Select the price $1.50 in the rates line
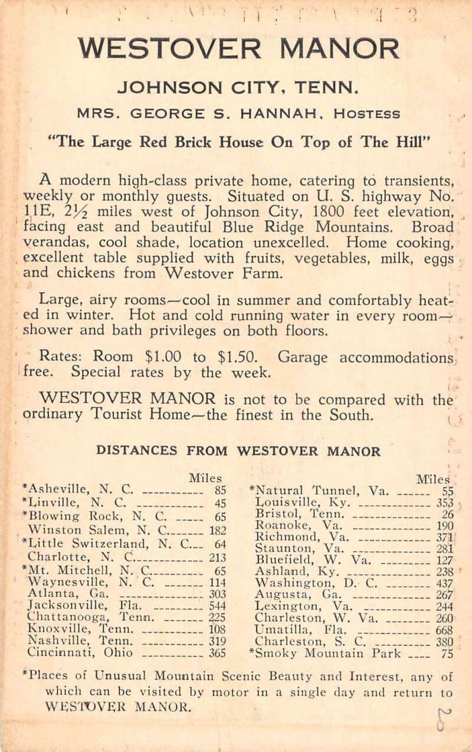(237, 358)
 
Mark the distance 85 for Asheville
(221, 489)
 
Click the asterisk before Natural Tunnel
(253, 488)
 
